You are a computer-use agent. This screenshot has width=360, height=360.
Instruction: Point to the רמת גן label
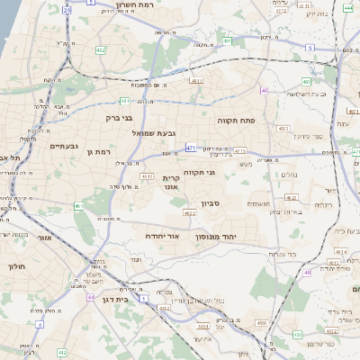96,151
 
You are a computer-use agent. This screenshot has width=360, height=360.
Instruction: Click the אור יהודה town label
163,236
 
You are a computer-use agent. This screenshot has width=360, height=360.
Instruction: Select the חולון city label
18,266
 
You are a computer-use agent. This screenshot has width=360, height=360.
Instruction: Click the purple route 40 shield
264,90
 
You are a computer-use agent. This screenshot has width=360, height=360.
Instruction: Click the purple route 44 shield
90,296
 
